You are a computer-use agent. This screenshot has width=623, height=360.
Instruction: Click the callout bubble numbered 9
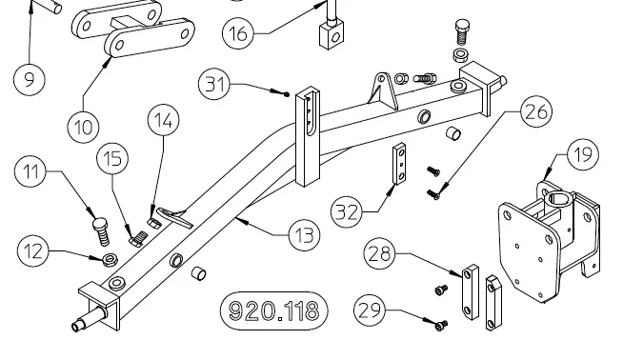pyautogui.click(x=30, y=79)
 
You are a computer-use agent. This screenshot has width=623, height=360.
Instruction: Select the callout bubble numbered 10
pyautogui.click(x=83, y=127)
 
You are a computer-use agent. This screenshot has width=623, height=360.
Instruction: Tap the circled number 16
pyautogui.click(x=238, y=33)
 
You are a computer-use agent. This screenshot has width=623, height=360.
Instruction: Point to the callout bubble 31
pyautogui.click(x=214, y=84)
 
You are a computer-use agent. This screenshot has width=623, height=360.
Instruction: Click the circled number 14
pyautogui.click(x=163, y=120)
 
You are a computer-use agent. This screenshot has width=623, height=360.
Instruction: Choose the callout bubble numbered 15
pyautogui.click(x=112, y=158)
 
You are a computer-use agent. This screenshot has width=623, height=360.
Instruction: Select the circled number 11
pyautogui.click(x=30, y=171)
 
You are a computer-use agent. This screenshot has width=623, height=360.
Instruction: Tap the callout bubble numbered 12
pyautogui.click(x=33, y=251)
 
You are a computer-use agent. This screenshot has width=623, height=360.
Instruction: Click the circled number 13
pyautogui.click(x=304, y=235)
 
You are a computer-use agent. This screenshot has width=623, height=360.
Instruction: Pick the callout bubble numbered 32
pyautogui.click(x=347, y=211)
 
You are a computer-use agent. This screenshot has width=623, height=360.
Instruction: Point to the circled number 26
pyautogui.click(x=536, y=111)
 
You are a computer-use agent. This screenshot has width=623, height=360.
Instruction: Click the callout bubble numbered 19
pyautogui.click(x=583, y=154)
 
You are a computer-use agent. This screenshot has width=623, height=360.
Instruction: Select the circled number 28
pyautogui.click(x=380, y=253)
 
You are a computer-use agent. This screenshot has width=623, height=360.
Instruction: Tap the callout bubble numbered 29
pyautogui.click(x=370, y=310)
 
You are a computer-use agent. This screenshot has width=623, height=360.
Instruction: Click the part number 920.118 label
pyautogui.click(x=274, y=311)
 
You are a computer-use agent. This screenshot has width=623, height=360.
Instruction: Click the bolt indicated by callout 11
pyautogui.click(x=101, y=231)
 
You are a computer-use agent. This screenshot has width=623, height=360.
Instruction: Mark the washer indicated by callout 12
pyautogui.click(x=110, y=260)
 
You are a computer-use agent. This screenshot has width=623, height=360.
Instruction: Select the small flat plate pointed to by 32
pyautogui.click(x=399, y=164)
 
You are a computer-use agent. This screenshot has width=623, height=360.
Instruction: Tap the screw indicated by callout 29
pyautogui.click(x=441, y=326)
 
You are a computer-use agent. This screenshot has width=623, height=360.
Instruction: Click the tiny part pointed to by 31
pyautogui.click(x=287, y=94)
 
